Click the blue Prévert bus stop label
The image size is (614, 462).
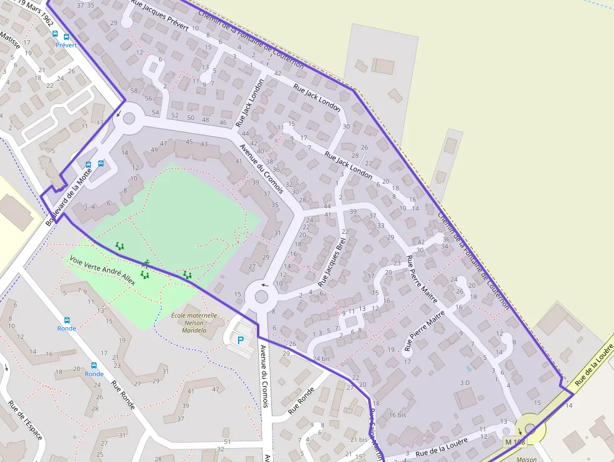(66, 45)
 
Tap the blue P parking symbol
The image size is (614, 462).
(240, 340)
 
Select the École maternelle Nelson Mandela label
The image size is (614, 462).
(194, 323)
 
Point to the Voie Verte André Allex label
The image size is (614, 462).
(103, 270)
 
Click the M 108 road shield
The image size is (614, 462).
(515, 442)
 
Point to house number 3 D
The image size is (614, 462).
(465, 382)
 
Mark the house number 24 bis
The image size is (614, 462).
(321, 359)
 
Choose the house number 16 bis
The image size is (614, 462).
(397, 414)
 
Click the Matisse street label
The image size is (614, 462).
(10, 42)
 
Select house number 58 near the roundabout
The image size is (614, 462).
(133, 90)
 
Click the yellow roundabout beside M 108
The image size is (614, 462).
(531, 429)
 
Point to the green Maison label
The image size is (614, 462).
(526, 458)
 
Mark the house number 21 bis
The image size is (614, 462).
(359, 439)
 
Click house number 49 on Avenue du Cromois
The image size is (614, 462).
(154, 149)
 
